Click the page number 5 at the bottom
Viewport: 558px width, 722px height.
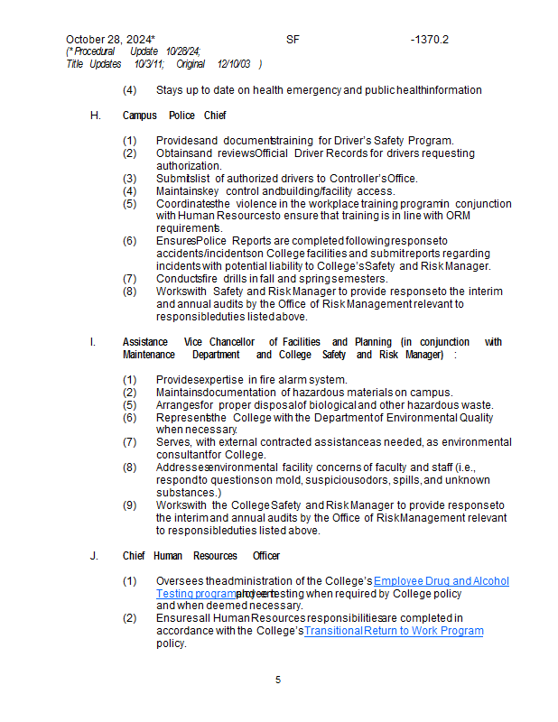coord(278,680)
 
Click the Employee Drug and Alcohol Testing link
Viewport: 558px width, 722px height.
coord(441,581)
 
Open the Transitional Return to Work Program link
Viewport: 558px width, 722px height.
coord(394,631)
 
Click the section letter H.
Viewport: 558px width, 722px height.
coord(95,116)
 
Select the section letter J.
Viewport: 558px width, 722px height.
coord(94,556)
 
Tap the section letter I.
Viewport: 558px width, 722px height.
coord(92,342)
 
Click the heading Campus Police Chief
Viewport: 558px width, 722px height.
coord(174,116)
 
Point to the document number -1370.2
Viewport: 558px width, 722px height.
coord(429,40)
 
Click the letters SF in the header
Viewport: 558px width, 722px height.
coord(293,40)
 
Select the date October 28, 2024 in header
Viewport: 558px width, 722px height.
coord(108,40)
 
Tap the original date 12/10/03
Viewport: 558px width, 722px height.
coord(234,64)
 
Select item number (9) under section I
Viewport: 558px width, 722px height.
coord(130,505)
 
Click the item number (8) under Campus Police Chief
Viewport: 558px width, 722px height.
coord(130,292)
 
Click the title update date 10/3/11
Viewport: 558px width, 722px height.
coord(149,64)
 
